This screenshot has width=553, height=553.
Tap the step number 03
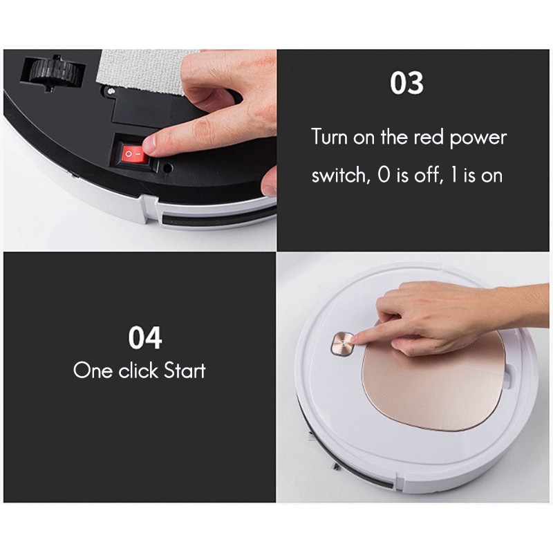pos(406,84)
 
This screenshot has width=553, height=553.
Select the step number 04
pos(145,339)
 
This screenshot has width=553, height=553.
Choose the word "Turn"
pos(328,137)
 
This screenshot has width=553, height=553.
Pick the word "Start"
pos(184,371)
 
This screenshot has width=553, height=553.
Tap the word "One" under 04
pos(93,371)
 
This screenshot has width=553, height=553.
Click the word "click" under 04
pos(138,371)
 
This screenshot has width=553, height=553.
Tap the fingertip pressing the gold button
pos(354,337)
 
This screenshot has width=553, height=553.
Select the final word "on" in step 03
pos(491,176)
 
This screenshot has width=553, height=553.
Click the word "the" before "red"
pos(393,137)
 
